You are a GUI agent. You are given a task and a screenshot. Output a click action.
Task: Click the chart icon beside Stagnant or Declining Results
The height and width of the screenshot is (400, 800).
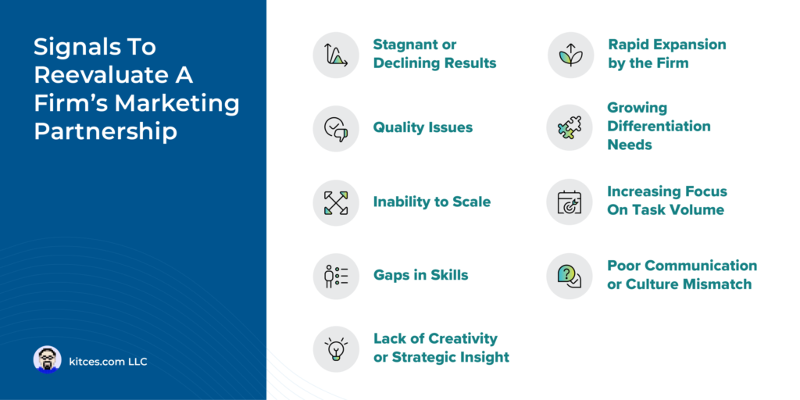coord(336,55)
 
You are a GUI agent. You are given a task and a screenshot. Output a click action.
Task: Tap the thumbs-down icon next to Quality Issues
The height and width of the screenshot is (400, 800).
coord(336,128)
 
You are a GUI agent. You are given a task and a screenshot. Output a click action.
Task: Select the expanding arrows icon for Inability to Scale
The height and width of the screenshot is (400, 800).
coord(336,202)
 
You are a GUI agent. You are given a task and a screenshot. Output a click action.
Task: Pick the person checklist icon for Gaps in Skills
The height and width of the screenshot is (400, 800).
coord(336,276)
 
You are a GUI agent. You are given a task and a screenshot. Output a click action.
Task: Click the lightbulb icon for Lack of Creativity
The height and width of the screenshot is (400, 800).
coord(336,348)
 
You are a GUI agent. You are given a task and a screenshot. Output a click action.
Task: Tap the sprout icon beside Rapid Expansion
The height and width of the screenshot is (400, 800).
coord(570,55)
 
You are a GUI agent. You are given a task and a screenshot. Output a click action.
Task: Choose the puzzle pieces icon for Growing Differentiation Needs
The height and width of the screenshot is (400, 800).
coord(570,128)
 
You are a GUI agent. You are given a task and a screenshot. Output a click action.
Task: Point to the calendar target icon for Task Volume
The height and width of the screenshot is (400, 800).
coord(570,202)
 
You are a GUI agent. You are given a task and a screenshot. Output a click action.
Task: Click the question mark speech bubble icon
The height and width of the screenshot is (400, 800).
coord(570,276)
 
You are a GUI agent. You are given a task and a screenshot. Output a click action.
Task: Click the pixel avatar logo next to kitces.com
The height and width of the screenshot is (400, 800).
coord(47,360)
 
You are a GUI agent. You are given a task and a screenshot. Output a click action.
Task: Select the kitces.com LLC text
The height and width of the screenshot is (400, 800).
coord(108,361)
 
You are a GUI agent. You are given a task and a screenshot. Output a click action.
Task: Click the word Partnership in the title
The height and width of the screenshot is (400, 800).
coord(105,130)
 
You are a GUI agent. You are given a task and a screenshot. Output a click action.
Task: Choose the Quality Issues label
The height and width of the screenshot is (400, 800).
coord(423,127)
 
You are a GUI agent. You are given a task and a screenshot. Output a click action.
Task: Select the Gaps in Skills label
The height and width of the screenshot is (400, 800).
coord(420,275)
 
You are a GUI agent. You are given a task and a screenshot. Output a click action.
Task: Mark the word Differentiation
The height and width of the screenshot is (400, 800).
coord(659,126)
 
